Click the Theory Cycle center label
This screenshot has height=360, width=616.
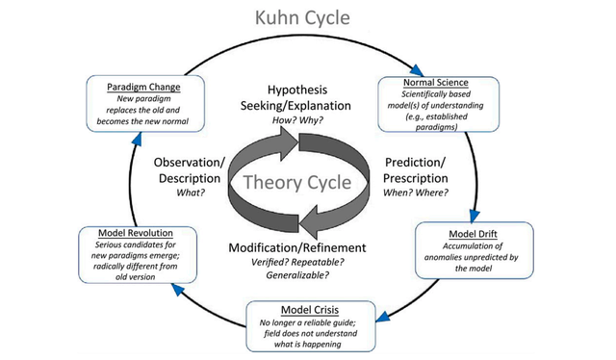tap(301, 182)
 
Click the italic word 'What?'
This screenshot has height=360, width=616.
tap(189, 193)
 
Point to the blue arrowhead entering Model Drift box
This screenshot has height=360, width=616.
tap(475, 216)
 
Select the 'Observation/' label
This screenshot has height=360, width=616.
tap(189, 161)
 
